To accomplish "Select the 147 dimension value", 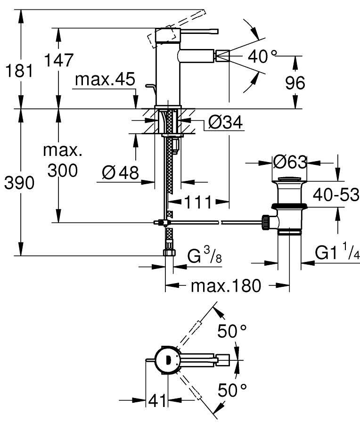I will coord(59,61).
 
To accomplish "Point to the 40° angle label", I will coord(263,57).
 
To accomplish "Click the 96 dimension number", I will coord(295,83).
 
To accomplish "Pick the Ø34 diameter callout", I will coord(225,123).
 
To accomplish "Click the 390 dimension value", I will coord(19,183).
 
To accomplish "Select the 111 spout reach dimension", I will coord(198,203).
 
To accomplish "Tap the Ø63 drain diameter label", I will coord(290,163).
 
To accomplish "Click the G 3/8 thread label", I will coord(205,257).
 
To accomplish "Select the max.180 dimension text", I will coord(225,285).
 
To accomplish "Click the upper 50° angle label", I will coord(232,331).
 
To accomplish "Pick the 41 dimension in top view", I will coord(157,401).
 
